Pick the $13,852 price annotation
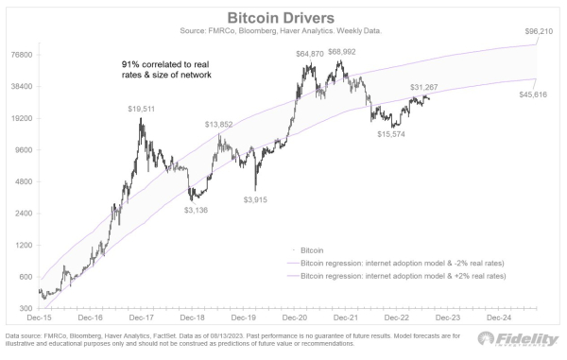[219, 125]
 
